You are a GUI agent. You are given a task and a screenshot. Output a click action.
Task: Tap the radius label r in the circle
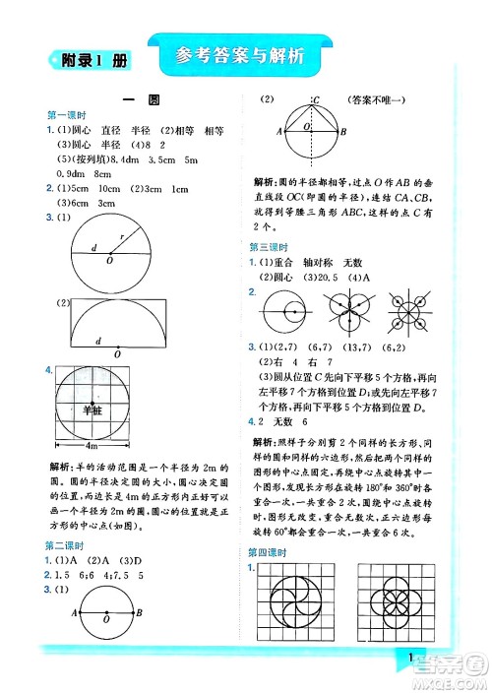point(121,237)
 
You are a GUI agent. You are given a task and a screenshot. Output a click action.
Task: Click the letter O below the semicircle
point(117,353)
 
